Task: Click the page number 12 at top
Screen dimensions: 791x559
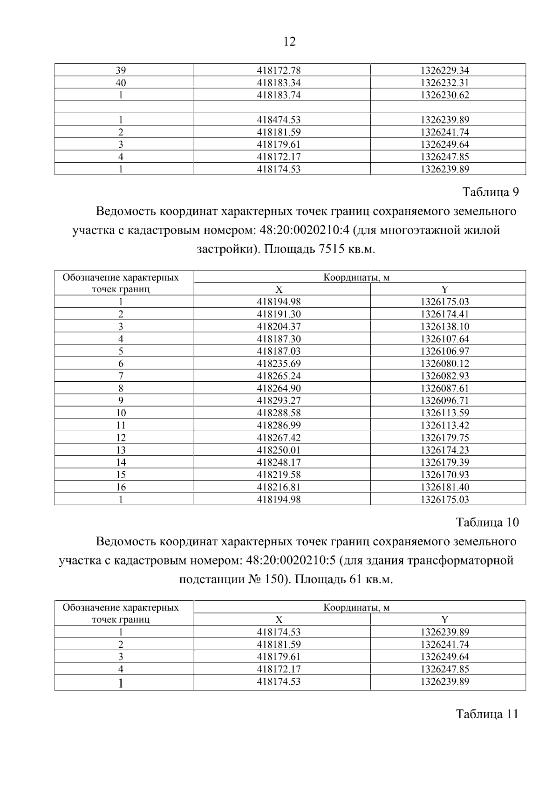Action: (x=289, y=42)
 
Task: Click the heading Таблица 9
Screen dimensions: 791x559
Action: (x=490, y=192)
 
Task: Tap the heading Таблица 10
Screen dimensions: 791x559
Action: (x=487, y=522)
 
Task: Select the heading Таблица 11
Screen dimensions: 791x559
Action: (x=487, y=715)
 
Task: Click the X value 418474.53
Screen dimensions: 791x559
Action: (x=279, y=120)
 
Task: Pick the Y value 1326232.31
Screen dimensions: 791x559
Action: (x=444, y=83)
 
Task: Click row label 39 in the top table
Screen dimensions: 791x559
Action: (x=121, y=71)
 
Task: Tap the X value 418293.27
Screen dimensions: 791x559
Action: (x=279, y=400)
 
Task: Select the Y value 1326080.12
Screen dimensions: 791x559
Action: (x=444, y=364)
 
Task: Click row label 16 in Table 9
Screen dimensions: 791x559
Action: (x=121, y=487)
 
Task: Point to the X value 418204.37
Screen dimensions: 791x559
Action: (x=279, y=326)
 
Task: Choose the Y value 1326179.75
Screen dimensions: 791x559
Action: (x=444, y=438)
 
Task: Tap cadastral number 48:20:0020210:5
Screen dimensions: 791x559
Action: (x=289, y=560)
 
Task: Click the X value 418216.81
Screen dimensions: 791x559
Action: (x=279, y=487)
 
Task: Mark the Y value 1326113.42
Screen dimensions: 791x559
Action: (x=444, y=425)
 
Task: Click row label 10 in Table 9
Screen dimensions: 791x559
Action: (x=121, y=413)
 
